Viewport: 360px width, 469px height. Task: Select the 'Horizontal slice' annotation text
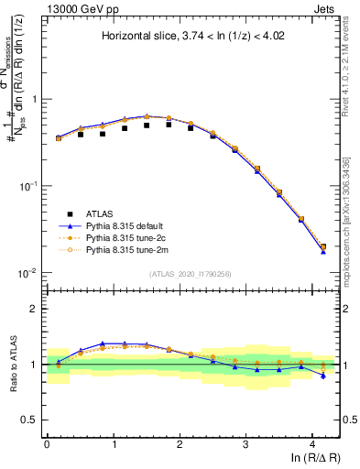[x=191, y=37]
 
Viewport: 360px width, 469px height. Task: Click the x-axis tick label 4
[x=311, y=443]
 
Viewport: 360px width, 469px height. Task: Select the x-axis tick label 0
[x=47, y=443]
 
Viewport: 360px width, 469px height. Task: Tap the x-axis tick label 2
[x=179, y=443]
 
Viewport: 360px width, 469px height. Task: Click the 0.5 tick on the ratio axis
[x=32, y=420]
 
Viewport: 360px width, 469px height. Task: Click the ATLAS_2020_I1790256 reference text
[x=191, y=274]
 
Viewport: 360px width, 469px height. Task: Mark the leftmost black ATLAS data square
[x=59, y=137]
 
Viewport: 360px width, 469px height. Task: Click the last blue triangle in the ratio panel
[x=322, y=376]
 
